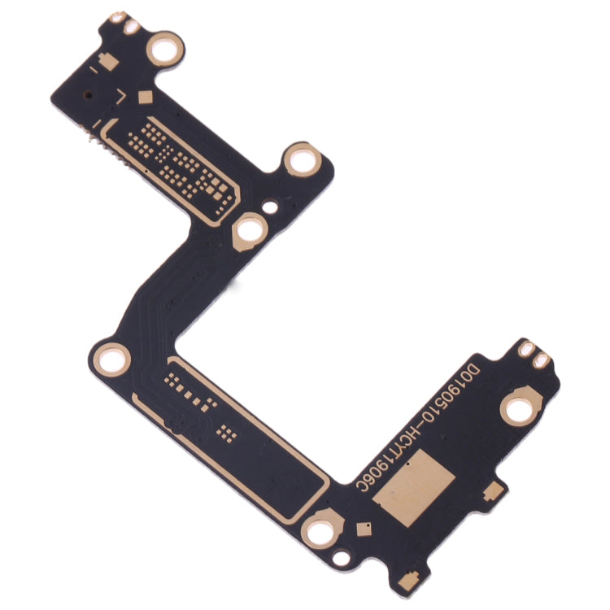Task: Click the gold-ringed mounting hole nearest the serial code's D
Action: click(x=518, y=409)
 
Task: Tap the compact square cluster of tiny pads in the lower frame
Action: click(x=229, y=431)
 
